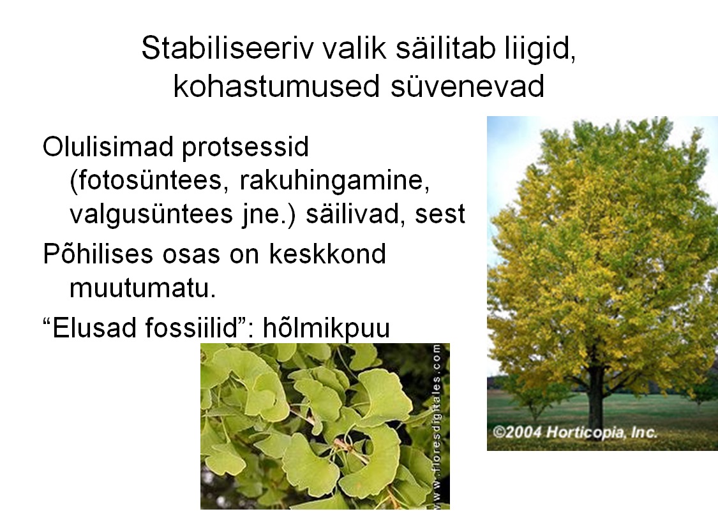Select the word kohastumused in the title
(x=276, y=85)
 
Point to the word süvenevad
(x=468, y=87)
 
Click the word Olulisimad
(x=108, y=147)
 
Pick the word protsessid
(x=246, y=148)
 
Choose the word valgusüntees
(x=151, y=214)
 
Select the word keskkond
(x=327, y=253)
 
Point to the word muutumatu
(x=142, y=288)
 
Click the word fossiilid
(x=199, y=328)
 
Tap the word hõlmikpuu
(x=327, y=328)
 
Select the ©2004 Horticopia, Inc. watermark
(x=575, y=432)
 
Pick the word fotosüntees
(x=149, y=180)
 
